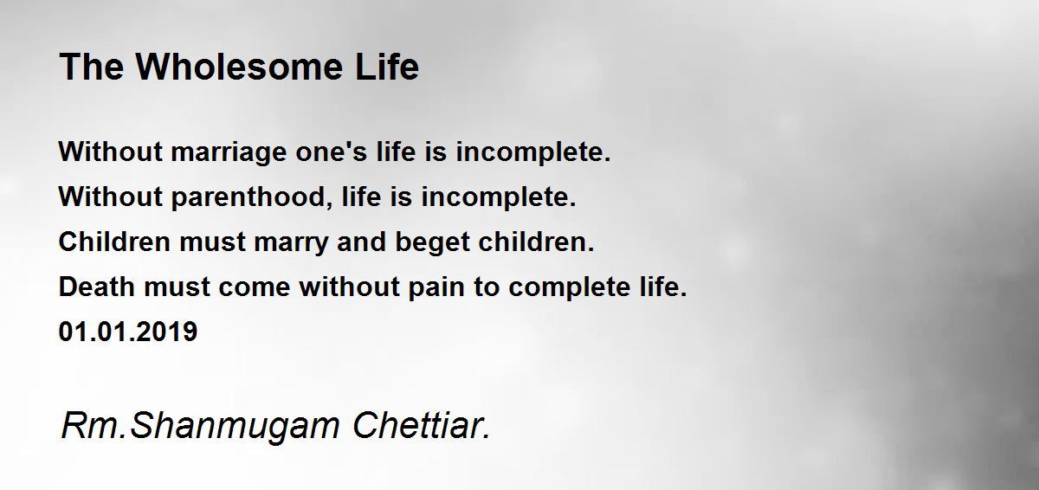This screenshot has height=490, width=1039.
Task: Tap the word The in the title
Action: click(x=92, y=67)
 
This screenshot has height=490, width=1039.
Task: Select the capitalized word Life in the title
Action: click(x=387, y=67)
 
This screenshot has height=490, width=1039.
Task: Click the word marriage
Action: click(x=229, y=153)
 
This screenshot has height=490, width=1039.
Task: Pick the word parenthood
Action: click(x=252, y=198)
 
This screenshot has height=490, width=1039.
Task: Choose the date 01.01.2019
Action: click(x=128, y=332)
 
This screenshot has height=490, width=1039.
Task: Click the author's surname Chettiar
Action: click(x=421, y=425)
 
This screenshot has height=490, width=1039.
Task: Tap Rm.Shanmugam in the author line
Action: click(x=200, y=427)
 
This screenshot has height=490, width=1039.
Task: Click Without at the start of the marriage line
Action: click(x=111, y=152)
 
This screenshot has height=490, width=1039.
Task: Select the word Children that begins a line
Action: click(x=114, y=242)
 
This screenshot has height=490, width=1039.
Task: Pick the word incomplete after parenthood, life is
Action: click(x=499, y=198)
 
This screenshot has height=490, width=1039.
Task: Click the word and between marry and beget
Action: click(x=361, y=242)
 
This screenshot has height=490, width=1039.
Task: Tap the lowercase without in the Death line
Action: click(x=350, y=287)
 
